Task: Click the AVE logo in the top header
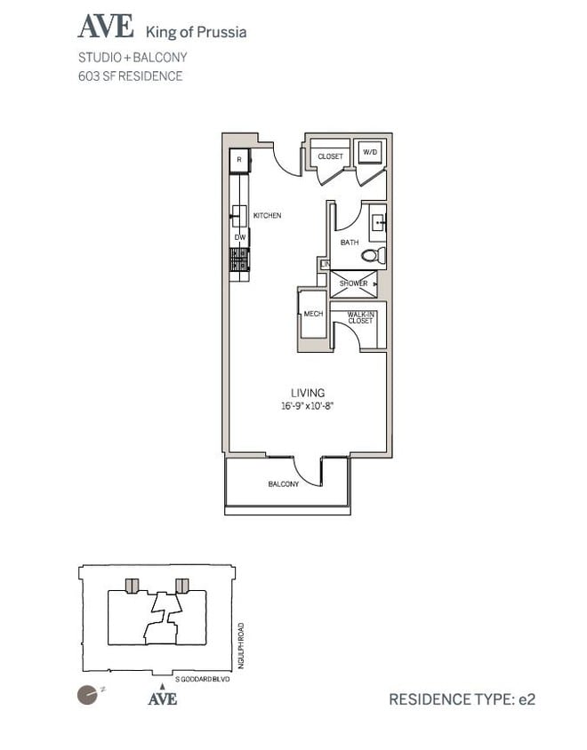coord(106,28)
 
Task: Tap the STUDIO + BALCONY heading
coord(133,58)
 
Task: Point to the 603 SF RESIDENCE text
coord(131,76)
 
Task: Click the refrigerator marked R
coord(238,161)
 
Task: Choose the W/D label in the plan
coord(368,153)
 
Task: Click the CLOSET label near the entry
coord(330,156)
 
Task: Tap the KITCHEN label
coord(268,216)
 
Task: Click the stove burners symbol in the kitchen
coord(238,259)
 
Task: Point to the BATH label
coord(350,243)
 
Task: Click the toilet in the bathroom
coord(373,256)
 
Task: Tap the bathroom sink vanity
coord(377,222)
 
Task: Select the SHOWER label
coord(353,283)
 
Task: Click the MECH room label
coord(312,314)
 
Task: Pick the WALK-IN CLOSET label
coord(360,317)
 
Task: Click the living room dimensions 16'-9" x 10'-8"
coord(307,406)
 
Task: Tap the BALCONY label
coord(284,484)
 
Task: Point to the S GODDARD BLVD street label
coord(202,679)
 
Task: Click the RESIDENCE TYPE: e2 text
coord(462,699)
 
